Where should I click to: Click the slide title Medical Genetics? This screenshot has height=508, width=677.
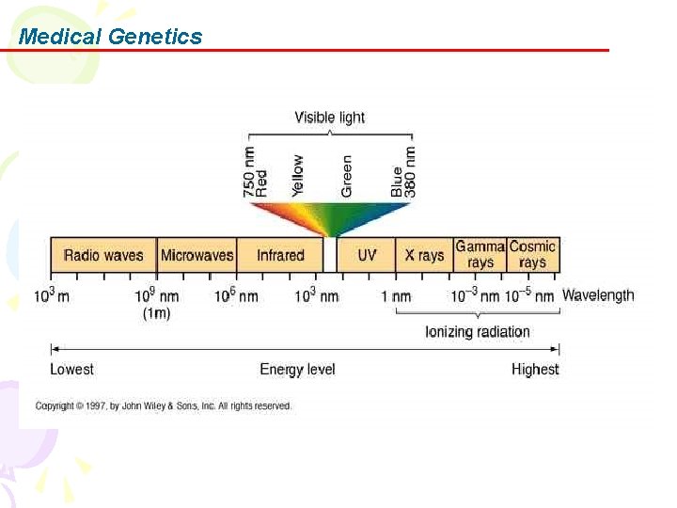(x=110, y=37)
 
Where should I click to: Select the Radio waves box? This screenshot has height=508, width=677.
(x=103, y=255)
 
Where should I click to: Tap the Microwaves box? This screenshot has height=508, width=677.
(x=197, y=255)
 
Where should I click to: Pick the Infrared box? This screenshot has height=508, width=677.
(x=280, y=255)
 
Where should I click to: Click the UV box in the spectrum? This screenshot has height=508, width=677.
(x=367, y=255)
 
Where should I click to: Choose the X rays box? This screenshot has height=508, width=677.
(x=424, y=255)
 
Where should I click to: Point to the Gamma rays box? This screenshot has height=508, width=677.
(x=480, y=254)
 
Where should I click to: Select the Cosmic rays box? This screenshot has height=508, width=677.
(x=533, y=254)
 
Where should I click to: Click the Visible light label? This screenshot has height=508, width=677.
(x=329, y=118)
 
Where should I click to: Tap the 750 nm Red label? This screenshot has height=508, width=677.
(x=255, y=171)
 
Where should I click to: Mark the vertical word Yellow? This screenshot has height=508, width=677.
(x=298, y=175)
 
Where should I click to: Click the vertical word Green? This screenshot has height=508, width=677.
(x=347, y=176)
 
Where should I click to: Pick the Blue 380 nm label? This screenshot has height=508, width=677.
(x=403, y=172)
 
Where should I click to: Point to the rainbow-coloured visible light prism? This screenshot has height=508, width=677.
(x=329, y=218)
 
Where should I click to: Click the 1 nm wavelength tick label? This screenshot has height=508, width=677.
(x=396, y=296)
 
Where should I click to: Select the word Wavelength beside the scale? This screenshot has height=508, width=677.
(x=598, y=295)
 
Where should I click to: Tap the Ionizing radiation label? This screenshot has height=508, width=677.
(x=478, y=331)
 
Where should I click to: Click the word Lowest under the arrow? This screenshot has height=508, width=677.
(x=72, y=370)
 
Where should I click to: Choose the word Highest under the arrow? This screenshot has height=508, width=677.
(x=535, y=370)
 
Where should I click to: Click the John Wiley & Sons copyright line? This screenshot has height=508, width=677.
(x=164, y=406)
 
